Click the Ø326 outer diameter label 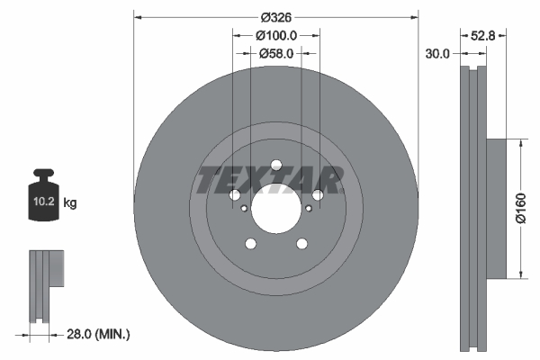pyautogui.click(x=276, y=16)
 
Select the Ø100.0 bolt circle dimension pyautogui.click(x=276, y=36)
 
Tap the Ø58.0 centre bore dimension pyautogui.click(x=276, y=54)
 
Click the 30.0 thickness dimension pyautogui.click(x=437, y=54)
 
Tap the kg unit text pyautogui.click(x=70, y=203)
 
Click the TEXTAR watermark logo pyautogui.click(x=270, y=180)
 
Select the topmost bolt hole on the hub pyautogui.click(x=276, y=164)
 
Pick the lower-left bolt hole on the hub pyautogui.click(x=250, y=243)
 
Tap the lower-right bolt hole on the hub pyautogui.click(x=302, y=243)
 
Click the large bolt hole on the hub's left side pyautogui.click(x=235, y=195)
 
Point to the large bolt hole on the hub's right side pyautogui.click(x=318, y=195)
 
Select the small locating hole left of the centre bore pyautogui.click(x=244, y=209)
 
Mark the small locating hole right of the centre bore pyautogui.click(x=309, y=209)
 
